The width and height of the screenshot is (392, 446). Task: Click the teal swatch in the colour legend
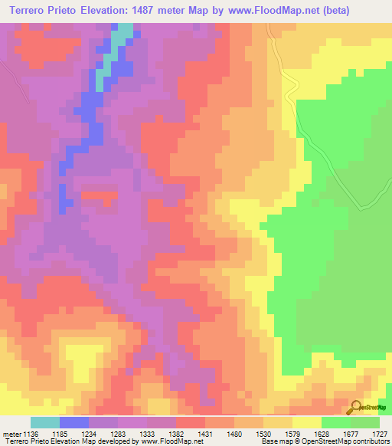click(45, 422)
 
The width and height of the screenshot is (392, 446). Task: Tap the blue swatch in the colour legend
click(74, 422)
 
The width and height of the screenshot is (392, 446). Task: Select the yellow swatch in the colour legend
click(307, 422)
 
